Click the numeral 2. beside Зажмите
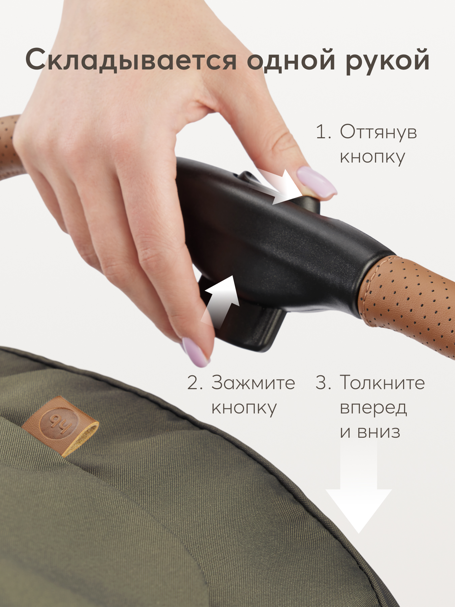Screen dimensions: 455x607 point(195,383)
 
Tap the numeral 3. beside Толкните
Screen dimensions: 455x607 point(323,383)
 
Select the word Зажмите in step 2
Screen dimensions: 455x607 point(253,383)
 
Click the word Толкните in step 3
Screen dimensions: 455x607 point(382,383)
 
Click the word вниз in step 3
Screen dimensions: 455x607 point(379,432)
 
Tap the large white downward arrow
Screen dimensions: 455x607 point(358,492)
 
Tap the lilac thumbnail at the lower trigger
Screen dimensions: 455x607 point(195,352)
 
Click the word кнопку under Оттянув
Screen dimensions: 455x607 point(372,157)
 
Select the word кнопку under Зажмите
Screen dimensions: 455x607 point(244,408)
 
